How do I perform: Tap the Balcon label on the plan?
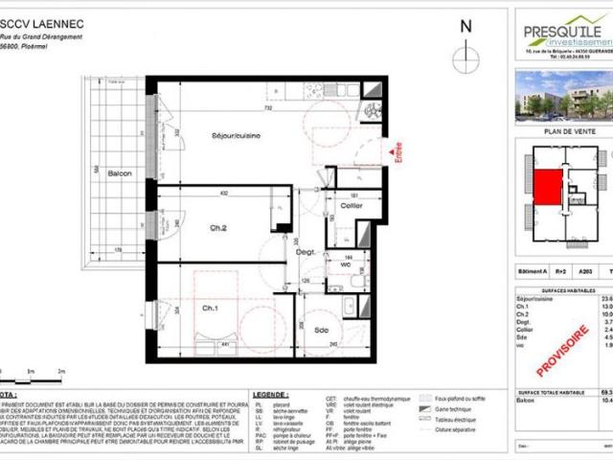click(x=119, y=173)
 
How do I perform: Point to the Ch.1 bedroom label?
click(x=210, y=309)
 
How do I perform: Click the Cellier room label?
click(x=351, y=207)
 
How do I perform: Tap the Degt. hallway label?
click(x=306, y=251)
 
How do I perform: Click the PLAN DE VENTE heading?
click(x=563, y=130)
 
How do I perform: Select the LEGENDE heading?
click(x=269, y=394)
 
